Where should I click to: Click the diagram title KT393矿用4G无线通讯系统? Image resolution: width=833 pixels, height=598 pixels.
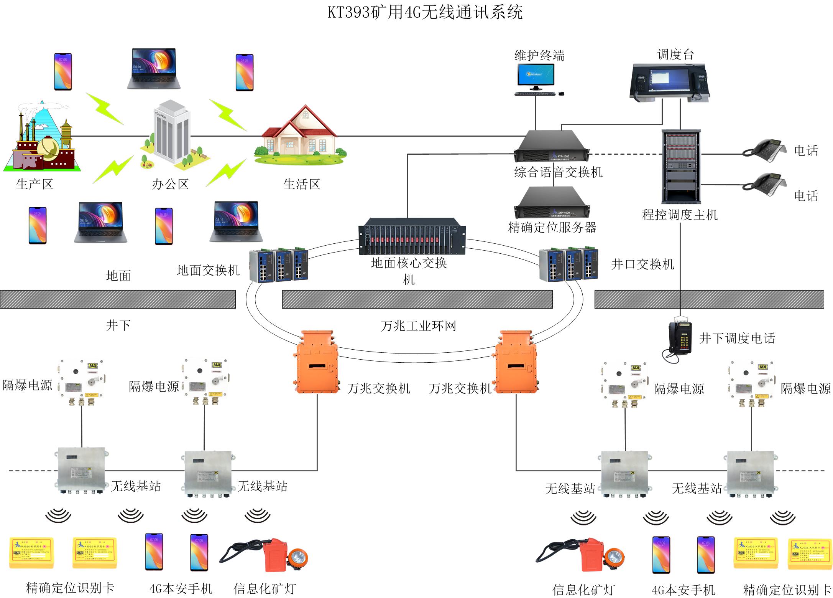pyautogui.click(x=425, y=12)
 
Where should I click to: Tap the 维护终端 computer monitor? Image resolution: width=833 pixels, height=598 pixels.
pyautogui.click(x=536, y=76)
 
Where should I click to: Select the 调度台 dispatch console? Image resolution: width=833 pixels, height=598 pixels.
pyautogui.click(x=670, y=83)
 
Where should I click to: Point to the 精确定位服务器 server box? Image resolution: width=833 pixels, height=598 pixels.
pyautogui.click(x=552, y=203)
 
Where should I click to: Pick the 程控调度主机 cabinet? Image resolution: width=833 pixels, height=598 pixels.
pyautogui.click(x=681, y=167)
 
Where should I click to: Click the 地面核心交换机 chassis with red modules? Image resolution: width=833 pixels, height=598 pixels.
pyautogui.click(x=412, y=236)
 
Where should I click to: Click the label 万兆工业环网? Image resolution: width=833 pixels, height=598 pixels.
pyautogui.click(x=418, y=326)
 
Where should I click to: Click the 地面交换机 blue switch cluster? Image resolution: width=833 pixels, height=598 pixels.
pyautogui.click(x=279, y=265)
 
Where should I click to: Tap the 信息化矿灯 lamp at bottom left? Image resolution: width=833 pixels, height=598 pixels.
pyautogui.click(x=265, y=556)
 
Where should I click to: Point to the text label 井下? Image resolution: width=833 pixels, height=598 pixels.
pyautogui.click(x=118, y=325)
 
